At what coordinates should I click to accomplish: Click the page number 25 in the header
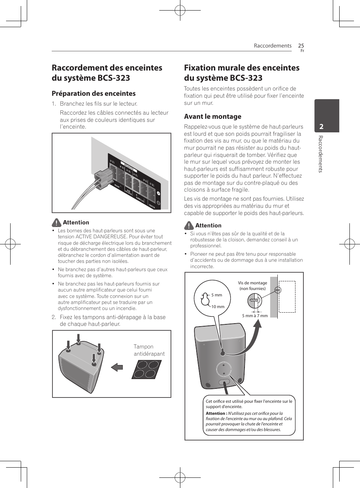click(x=301, y=46)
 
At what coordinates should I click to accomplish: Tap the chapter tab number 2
click(x=321, y=126)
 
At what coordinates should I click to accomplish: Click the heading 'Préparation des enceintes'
click(x=94, y=94)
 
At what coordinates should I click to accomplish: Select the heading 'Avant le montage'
click(x=212, y=117)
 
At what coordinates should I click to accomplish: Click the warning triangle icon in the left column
click(x=57, y=223)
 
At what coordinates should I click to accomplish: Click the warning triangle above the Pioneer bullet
click(x=189, y=226)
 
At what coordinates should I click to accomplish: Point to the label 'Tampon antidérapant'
click(x=149, y=350)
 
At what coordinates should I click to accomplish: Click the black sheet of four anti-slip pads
click(x=147, y=369)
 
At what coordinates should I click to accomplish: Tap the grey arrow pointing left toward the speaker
click(x=117, y=367)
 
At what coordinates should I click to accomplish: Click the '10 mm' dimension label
click(x=218, y=307)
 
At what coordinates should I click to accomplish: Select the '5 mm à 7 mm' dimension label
click(x=255, y=316)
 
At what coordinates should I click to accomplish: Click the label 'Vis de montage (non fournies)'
click(x=252, y=285)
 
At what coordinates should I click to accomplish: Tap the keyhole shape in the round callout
click(x=205, y=299)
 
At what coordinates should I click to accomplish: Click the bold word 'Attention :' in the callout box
click(x=216, y=413)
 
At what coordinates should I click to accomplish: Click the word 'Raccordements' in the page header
click(x=272, y=46)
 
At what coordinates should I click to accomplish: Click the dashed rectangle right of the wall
click(x=287, y=296)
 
